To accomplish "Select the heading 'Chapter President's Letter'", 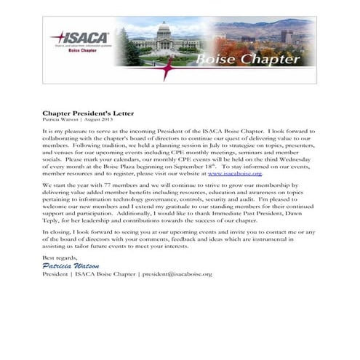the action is [x=87, y=113].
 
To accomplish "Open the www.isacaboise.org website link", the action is [x=234, y=174].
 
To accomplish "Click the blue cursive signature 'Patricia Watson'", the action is [x=71, y=265].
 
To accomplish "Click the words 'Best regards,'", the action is [x=59, y=257].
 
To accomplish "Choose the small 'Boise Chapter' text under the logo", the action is [x=79, y=51].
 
